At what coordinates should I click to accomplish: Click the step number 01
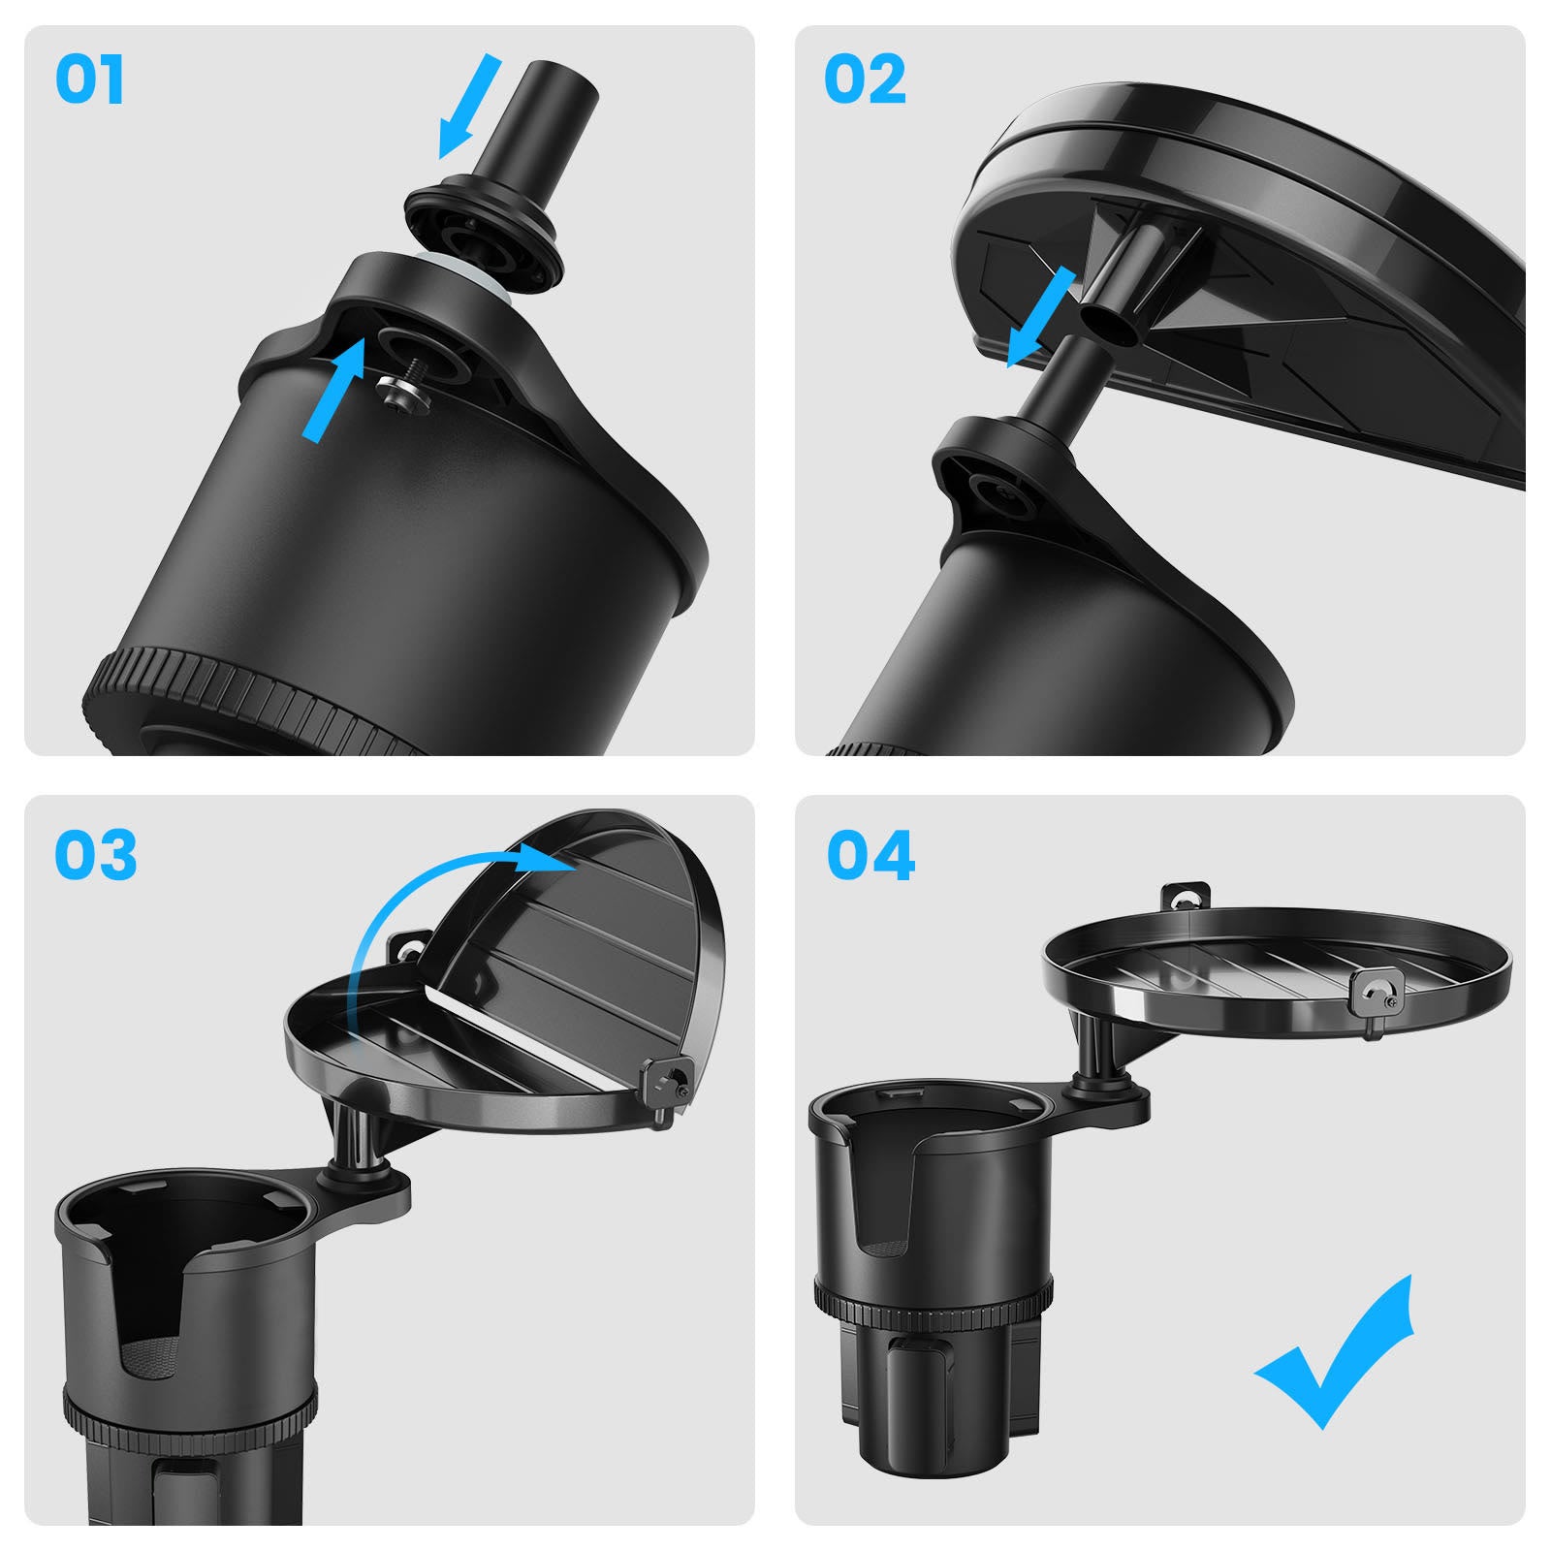pos(89,79)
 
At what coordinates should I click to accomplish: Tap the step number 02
pos(865,79)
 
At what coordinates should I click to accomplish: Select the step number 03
pos(95,855)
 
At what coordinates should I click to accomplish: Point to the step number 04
pos(870,855)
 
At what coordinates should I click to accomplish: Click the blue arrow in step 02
pos(1041,318)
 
